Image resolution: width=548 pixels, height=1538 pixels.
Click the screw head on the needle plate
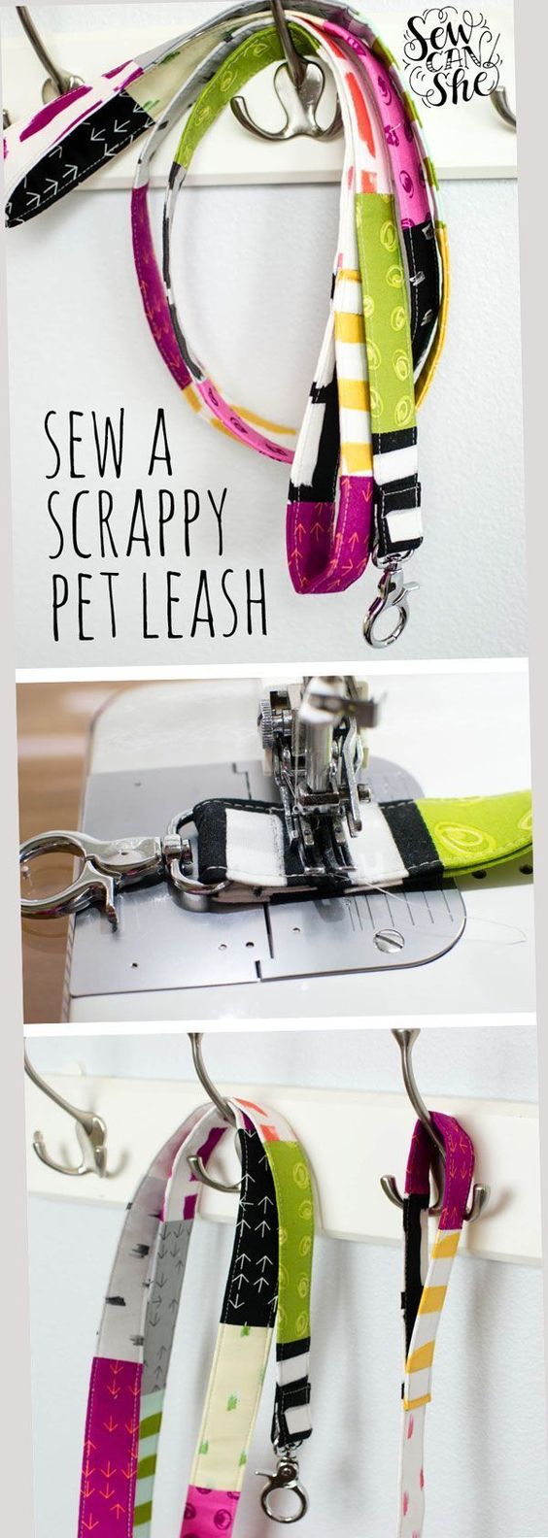tap(388, 940)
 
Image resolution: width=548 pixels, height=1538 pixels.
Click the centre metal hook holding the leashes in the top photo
tap(289, 89)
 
